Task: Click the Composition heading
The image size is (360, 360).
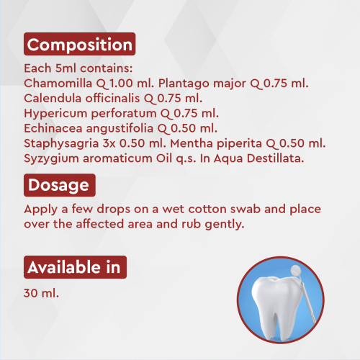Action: click(79, 45)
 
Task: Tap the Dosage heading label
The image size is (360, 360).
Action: click(59, 185)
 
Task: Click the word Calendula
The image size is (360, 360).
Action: click(53, 97)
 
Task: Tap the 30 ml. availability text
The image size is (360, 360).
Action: click(41, 294)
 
